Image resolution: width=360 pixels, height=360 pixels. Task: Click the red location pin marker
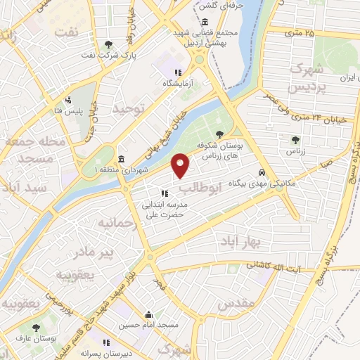[181, 165]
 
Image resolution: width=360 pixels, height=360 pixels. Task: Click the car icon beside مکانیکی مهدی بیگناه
[262, 172]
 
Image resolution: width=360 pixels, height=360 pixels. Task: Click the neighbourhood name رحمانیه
[115, 223]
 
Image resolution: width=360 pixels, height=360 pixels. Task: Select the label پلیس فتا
[75, 112]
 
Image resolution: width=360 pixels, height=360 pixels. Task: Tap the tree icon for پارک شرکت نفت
[107, 45]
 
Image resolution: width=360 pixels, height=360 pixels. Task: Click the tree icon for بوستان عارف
[37, 328]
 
